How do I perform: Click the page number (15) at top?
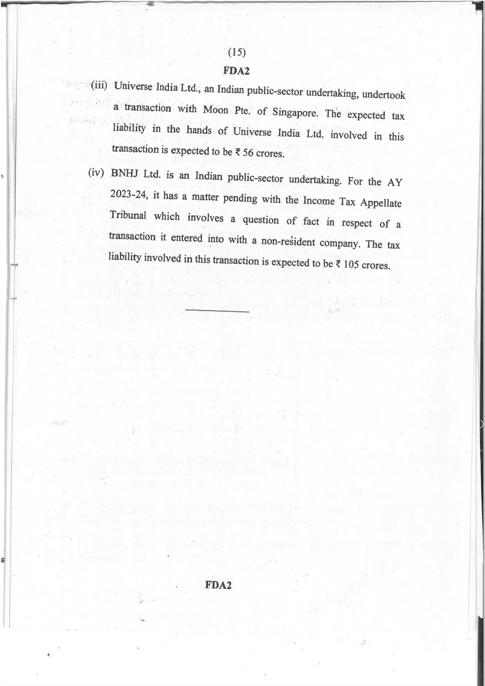(237, 52)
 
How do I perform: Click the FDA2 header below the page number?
(236, 71)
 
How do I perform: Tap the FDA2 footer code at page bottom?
(218, 585)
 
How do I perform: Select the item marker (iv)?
(96, 173)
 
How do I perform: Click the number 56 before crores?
(248, 152)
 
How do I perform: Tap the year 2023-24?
(128, 194)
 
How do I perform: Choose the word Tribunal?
(128, 215)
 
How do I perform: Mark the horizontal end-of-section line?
(217, 311)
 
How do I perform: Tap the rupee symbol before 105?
(338, 264)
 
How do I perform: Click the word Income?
(319, 201)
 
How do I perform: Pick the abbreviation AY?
(394, 183)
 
